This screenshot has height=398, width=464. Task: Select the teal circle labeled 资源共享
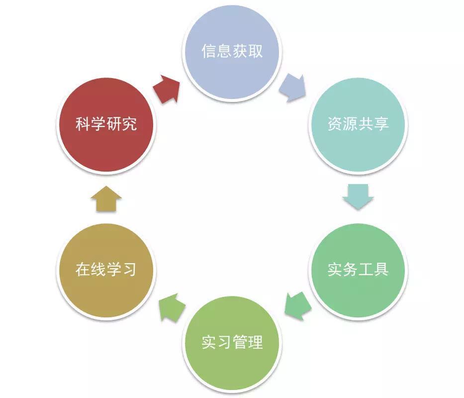pos(358,124)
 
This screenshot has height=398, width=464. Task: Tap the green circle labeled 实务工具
pos(358,269)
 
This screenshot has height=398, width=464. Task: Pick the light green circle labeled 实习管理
pos(232,342)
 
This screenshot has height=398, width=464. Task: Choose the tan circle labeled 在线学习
pos(106,269)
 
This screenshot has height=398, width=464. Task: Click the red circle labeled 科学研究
pos(106,124)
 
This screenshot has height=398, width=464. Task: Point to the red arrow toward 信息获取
pos(167,89)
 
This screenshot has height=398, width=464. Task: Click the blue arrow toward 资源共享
pos(292,88)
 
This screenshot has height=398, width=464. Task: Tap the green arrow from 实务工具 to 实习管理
pos(298,306)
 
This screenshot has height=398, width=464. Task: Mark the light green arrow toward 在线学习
pos(172,307)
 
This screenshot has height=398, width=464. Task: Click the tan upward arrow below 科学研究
pos(106,199)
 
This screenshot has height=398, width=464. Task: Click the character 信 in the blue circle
pos(209,51)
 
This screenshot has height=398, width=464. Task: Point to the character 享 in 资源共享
pos(381,123)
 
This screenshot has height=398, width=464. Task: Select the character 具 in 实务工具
pos(381,269)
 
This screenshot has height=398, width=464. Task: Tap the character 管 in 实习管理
pos(240,342)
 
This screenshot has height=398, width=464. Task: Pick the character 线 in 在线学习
pos(98,269)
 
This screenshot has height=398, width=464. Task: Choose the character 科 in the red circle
pos(83,124)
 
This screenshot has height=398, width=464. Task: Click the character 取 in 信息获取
pos(256,51)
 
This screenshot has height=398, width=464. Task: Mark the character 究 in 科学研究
pos(129,124)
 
